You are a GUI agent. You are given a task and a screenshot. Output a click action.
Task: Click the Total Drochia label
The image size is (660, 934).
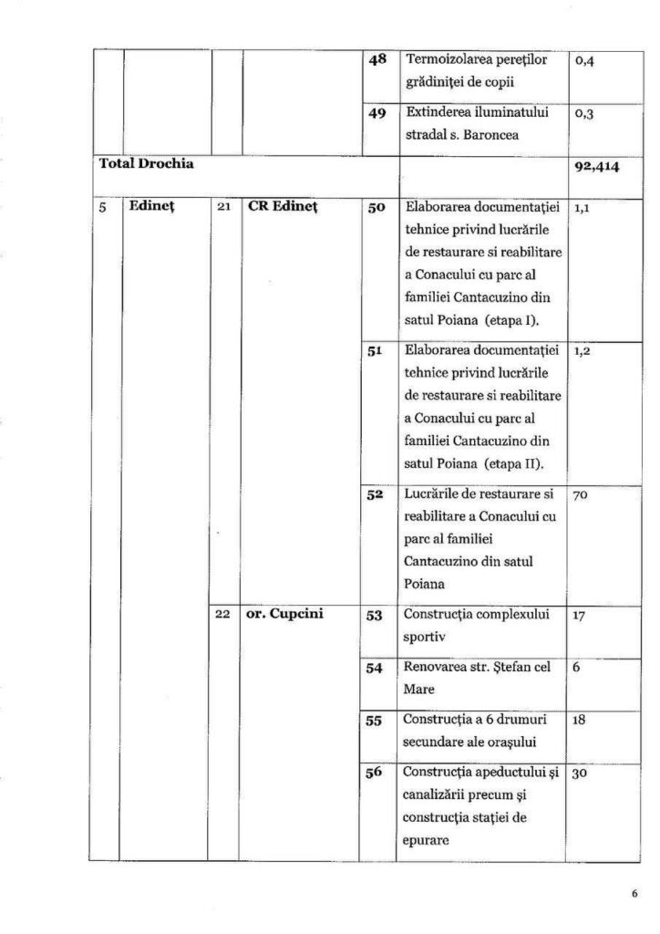click(146, 165)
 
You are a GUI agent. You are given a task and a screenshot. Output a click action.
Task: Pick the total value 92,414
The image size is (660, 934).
click(593, 167)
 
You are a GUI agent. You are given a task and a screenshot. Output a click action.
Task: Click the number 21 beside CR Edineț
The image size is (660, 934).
click(223, 207)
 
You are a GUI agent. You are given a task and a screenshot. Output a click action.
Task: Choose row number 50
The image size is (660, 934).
click(376, 208)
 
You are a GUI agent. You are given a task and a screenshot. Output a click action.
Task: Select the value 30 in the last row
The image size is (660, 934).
click(581, 773)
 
